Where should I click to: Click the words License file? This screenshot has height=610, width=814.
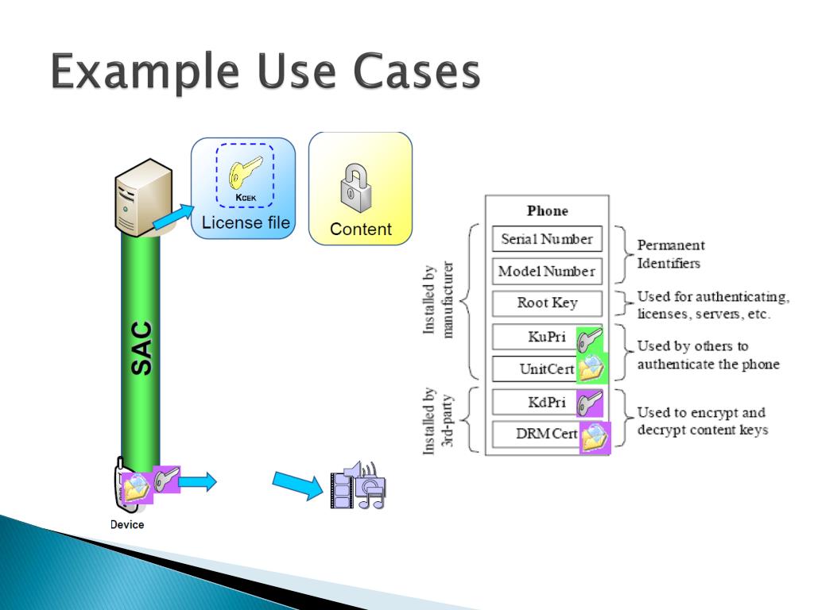click(246, 222)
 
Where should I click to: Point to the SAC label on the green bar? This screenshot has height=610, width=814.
click(141, 348)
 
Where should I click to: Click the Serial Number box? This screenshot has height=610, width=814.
click(547, 239)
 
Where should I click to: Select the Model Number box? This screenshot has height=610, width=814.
click(547, 272)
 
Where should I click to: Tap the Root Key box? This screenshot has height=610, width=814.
click(547, 303)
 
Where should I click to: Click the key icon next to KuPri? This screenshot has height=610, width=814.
click(589, 339)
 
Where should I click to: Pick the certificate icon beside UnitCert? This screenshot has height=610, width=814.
click(591, 368)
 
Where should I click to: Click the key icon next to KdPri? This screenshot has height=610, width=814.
click(589, 403)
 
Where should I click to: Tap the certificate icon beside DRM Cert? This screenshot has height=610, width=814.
click(595, 436)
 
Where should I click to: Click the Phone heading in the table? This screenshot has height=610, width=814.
click(548, 211)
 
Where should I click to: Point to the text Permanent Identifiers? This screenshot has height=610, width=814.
click(671, 253)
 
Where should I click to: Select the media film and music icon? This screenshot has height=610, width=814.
click(358, 485)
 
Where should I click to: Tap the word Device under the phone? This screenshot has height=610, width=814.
click(127, 524)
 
